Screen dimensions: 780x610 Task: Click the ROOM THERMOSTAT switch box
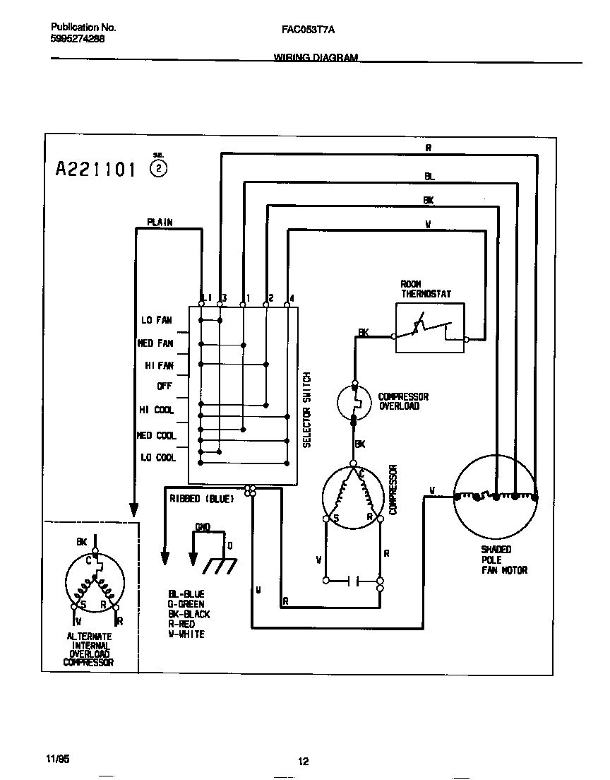pyautogui.click(x=430, y=328)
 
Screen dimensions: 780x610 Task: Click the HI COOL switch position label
pyautogui.click(x=156, y=410)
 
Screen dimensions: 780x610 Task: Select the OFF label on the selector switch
pyautogui.click(x=165, y=386)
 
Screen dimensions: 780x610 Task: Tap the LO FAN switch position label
pyautogui.click(x=156, y=320)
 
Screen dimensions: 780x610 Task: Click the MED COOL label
pyautogui.click(x=156, y=435)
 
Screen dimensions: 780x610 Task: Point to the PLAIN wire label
pyautogui.click(x=160, y=223)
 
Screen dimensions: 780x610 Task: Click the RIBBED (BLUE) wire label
pyautogui.click(x=201, y=499)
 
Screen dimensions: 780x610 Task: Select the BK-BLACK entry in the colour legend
pyautogui.click(x=189, y=614)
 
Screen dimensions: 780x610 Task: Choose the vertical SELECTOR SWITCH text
pyautogui.click(x=307, y=410)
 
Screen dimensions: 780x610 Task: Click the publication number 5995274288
pyautogui.click(x=78, y=40)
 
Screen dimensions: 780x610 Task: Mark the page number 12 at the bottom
pyautogui.click(x=303, y=761)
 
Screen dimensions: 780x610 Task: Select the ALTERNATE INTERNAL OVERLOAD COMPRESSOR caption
pyautogui.click(x=89, y=649)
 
